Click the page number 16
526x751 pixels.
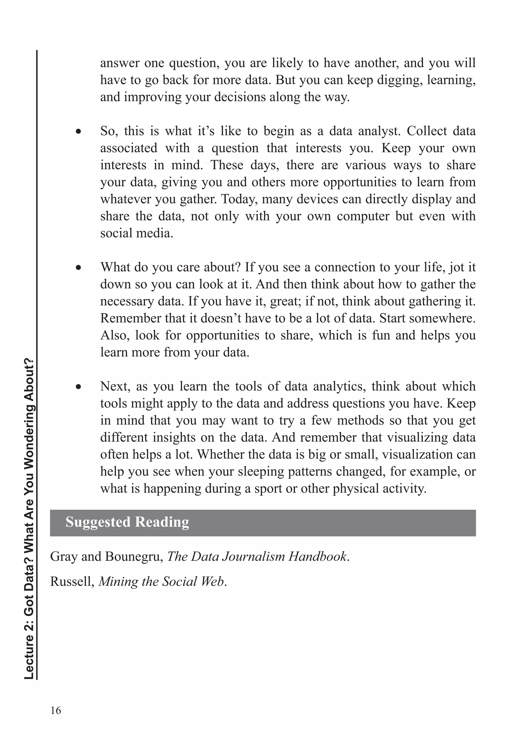coord(56,710)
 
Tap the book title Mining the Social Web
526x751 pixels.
coord(162,581)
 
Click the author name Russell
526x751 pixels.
coord(72,581)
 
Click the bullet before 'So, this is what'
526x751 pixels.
coord(78,132)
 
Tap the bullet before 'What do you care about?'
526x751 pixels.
coord(78,268)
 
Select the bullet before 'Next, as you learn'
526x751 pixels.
coord(78,387)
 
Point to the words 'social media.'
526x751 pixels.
coord(136,233)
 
